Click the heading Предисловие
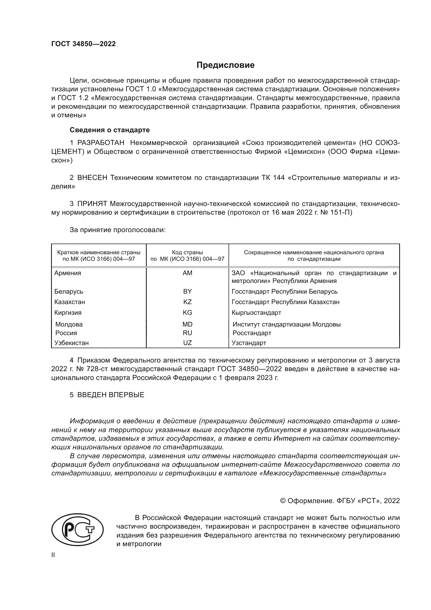[x=225, y=65]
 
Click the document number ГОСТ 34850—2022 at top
[x=83, y=44]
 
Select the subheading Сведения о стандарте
[x=110, y=130]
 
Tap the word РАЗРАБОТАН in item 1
[x=101, y=143]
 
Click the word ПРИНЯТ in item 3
[x=92, y=204]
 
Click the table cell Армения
[x=68, y=273]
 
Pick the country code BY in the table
[x=187, y=292]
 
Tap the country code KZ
[x=187, y=302]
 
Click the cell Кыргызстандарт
[x=256, y=313]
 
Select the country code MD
[x=187, y=324]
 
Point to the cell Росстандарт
[x=252, y=333]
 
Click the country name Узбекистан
[x=71, y=343]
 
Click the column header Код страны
[x=187, y=252]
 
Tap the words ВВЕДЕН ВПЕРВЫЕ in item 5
[x=111, y=395]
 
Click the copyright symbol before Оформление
[x=283, y=501]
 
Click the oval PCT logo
[x=77, y=530]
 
